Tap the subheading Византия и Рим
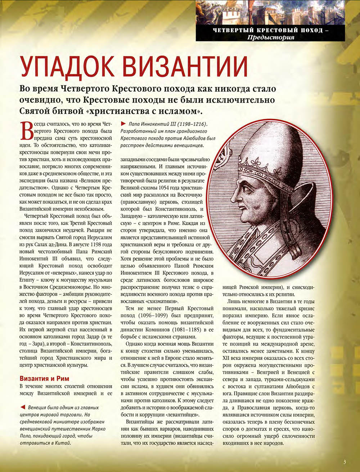(x=44, y=378)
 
